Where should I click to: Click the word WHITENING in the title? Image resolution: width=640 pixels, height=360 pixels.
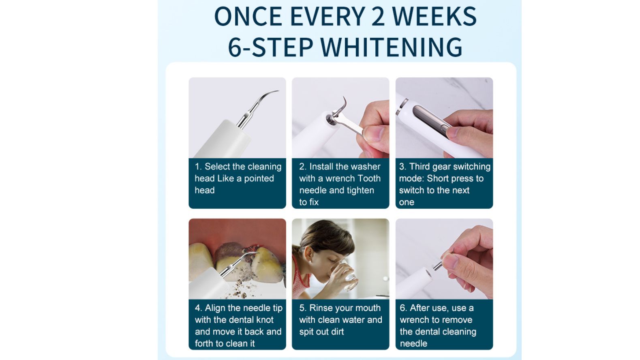(391, 47)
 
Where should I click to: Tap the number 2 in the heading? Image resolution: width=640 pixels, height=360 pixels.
(378, 16)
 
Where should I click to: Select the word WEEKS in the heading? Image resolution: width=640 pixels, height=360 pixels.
(434, 16)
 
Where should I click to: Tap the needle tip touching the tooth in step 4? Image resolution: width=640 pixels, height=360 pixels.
(257, 253)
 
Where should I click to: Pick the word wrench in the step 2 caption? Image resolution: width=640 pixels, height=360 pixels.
(340, 178)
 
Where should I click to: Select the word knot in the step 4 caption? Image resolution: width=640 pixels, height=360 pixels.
(264, 320)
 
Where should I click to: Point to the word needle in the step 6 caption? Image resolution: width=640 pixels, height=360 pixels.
(413, 343)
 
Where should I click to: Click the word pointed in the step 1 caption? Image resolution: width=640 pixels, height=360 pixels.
(259, 178)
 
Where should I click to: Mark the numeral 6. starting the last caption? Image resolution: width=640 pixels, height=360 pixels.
(403, 308)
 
